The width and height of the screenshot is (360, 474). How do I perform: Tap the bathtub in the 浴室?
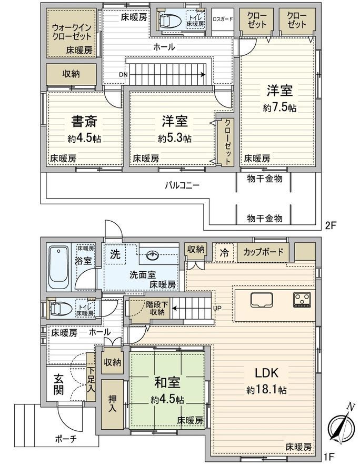[59, 267]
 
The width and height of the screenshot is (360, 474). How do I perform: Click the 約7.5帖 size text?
[279, 107]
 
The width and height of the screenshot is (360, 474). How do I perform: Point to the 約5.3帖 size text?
[174, 139]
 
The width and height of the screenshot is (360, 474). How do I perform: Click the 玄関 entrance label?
[59, 385]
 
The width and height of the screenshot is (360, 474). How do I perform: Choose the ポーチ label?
[66, 439]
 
